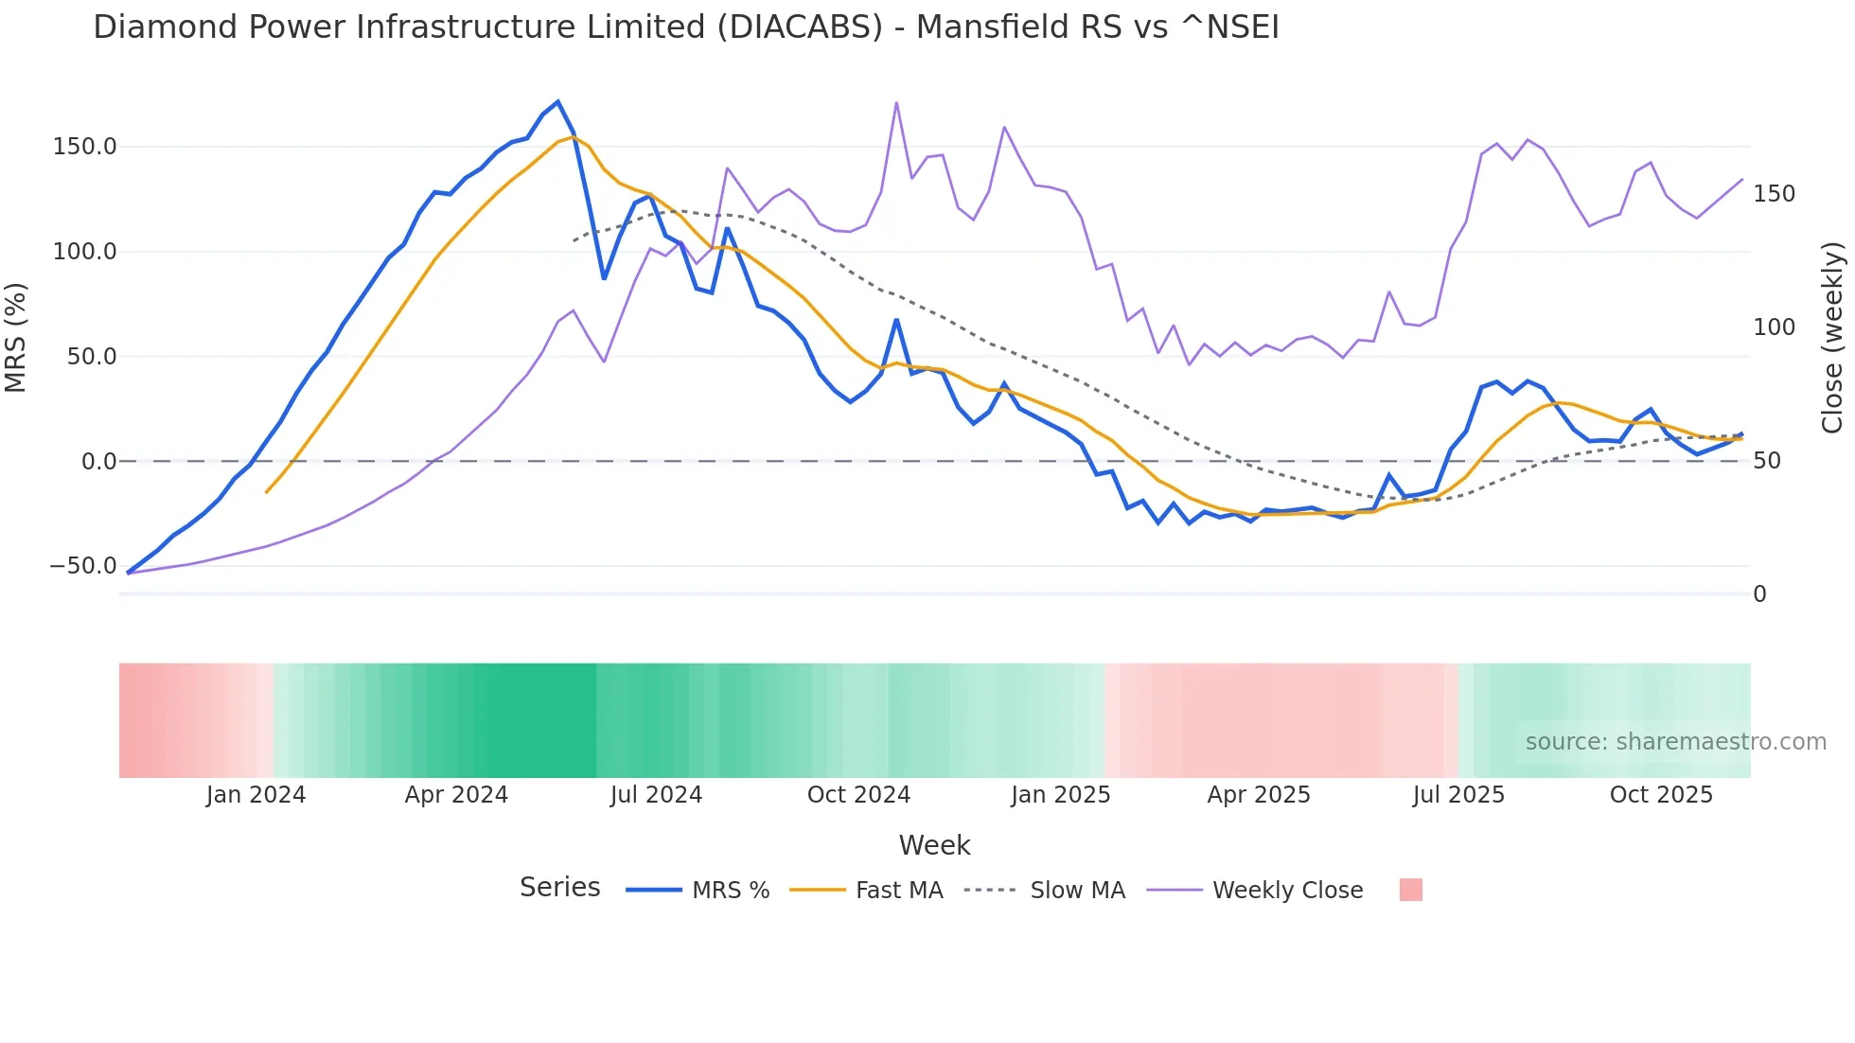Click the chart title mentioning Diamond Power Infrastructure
685,27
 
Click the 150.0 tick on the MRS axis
85,147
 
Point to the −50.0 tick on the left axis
83,566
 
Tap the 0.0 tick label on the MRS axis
98,462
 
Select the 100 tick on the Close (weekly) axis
1774,327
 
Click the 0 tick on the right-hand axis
1759,594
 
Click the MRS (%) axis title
16,337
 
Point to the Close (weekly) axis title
1832,338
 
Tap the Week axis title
934,845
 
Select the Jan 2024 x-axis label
256,795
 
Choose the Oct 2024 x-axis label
858,795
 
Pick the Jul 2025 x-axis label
1458,795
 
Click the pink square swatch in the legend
1410,890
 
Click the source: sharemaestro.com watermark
1675,742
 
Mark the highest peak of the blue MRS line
557,101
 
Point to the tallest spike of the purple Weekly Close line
896,103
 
